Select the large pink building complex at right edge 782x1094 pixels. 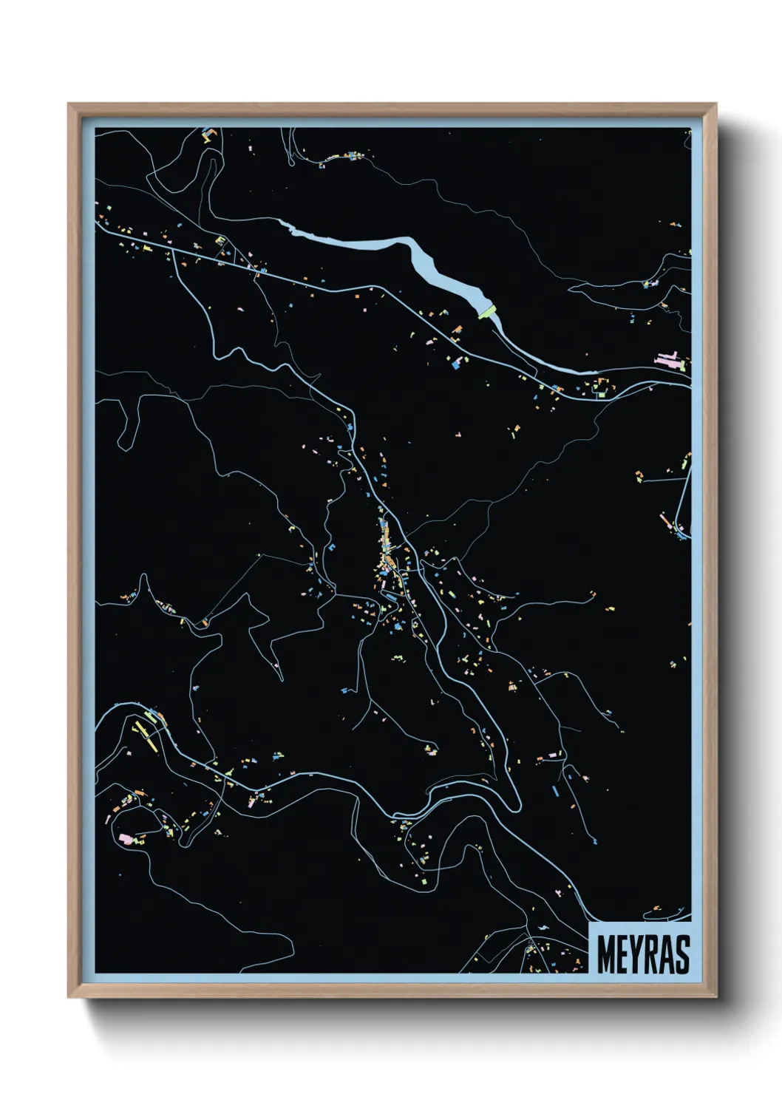(670, 361)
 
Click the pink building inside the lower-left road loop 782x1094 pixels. (126, 838)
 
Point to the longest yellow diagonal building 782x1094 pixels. (146, 736)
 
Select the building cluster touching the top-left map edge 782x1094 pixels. (208, 135)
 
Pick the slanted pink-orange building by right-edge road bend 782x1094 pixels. (667, 523)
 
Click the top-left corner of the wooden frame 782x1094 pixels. (69, 105)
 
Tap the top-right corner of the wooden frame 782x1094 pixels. (715, 105)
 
